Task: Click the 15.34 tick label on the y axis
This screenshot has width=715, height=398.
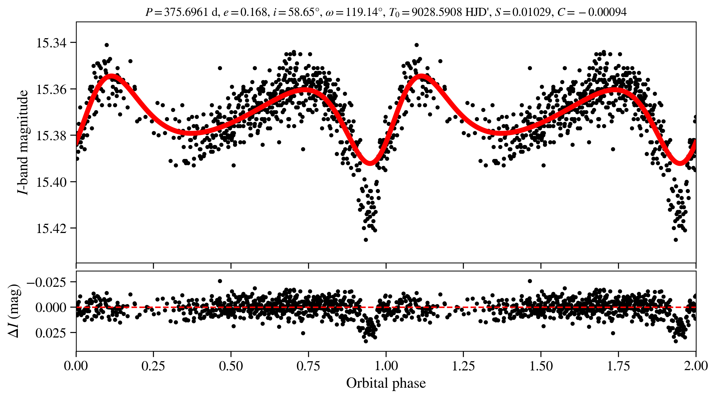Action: pos(52,43)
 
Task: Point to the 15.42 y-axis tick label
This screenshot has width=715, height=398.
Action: pos(52,229)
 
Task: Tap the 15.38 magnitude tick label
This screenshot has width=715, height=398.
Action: pos(52,136)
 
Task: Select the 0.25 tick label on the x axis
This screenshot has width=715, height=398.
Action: pos(153,366)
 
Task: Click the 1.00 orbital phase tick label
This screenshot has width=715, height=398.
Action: pos(386,366)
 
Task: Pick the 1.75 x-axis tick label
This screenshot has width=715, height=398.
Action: pos(618,366)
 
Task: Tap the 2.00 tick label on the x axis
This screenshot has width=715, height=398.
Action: pos(695,366)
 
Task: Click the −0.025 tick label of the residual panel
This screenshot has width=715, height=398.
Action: pos(46,282)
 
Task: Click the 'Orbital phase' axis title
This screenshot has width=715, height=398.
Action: pos(386,383)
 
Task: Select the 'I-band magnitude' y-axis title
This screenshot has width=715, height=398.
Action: pos(23,142)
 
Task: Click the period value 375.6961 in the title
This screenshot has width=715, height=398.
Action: pos(186,12)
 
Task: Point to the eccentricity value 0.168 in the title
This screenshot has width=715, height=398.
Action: pos(254,12)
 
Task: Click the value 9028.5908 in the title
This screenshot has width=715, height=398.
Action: pos(437,12)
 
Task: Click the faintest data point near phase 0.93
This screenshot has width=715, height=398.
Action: pos(366,240)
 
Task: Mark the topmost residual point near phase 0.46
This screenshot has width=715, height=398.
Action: pos(220,281)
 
